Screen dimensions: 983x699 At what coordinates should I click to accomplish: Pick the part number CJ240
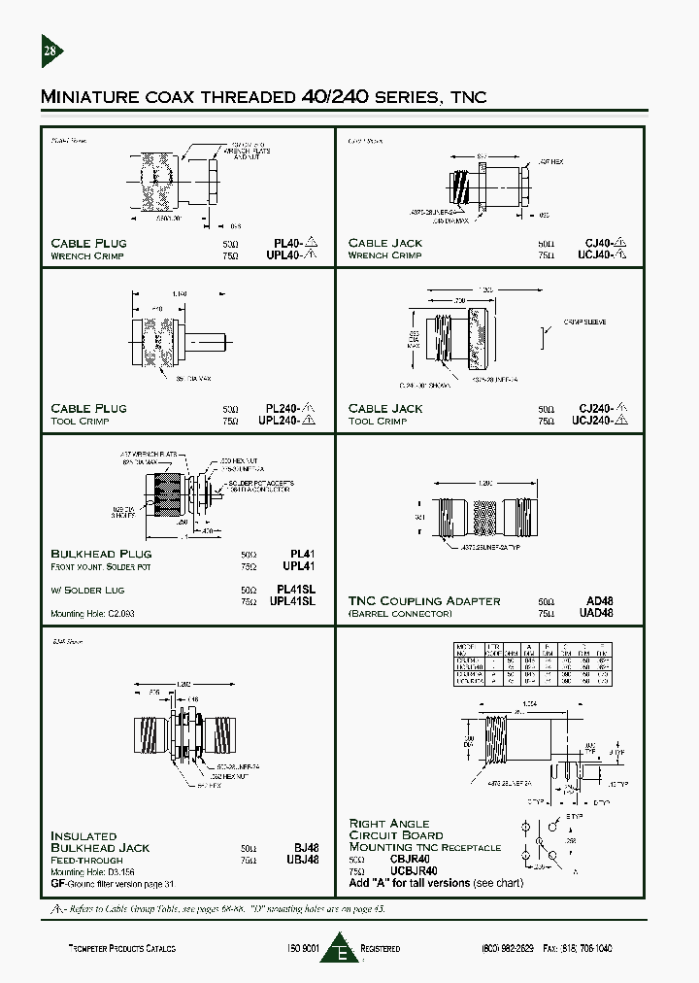[596, 409]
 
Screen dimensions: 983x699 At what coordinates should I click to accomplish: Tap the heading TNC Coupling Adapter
[424, 601]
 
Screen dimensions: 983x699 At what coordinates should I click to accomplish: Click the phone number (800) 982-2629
[508, 948]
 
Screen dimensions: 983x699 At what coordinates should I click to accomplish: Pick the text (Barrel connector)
[400, 614]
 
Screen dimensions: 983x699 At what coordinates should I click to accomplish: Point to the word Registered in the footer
[380, 948]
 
